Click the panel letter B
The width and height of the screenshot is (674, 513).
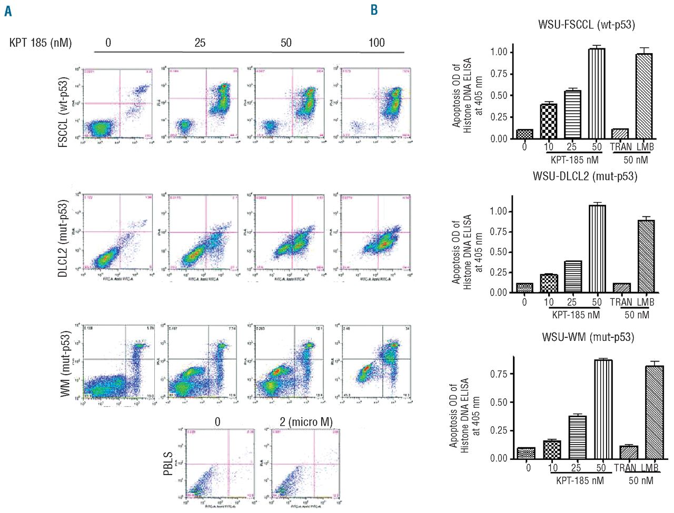[374, 10]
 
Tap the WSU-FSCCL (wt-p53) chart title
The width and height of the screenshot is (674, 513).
[586, 25]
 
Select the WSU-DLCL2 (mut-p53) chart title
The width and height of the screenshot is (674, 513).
[584, 176]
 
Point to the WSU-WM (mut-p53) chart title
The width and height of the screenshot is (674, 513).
[588, 337]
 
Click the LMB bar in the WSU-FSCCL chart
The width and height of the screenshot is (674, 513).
[644, 96]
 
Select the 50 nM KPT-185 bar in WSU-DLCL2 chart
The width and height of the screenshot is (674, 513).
[597, 249]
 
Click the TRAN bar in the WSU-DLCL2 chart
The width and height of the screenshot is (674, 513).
[621, 288]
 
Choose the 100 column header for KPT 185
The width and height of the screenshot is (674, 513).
[376, 43]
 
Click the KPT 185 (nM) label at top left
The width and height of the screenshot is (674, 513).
[41, 43]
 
